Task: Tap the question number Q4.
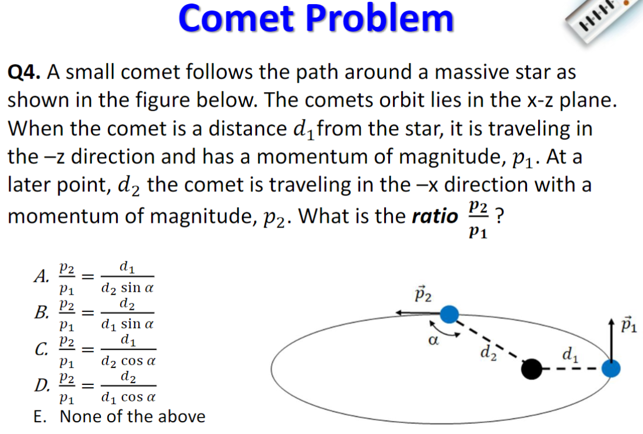point(23,72)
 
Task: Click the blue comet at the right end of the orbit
point(611,369)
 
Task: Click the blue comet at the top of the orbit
point(448,314)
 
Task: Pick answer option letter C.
point(40,349)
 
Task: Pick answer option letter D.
point(40,386)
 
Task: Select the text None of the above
point(132,416)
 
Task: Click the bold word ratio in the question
point(434,216)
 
